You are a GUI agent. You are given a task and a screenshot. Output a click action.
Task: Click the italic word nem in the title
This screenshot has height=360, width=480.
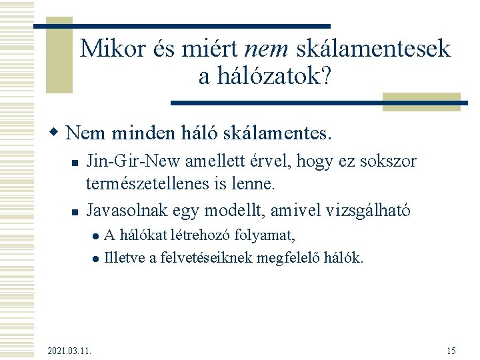click(x=267, y=49)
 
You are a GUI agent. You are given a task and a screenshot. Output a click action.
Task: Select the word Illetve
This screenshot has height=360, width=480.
click(x=125, y=257)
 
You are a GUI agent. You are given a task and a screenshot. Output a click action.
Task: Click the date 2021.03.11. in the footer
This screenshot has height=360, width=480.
click(x=70, y=351)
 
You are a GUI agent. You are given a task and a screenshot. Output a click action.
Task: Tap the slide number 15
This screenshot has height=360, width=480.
click(x=451, y=351)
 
